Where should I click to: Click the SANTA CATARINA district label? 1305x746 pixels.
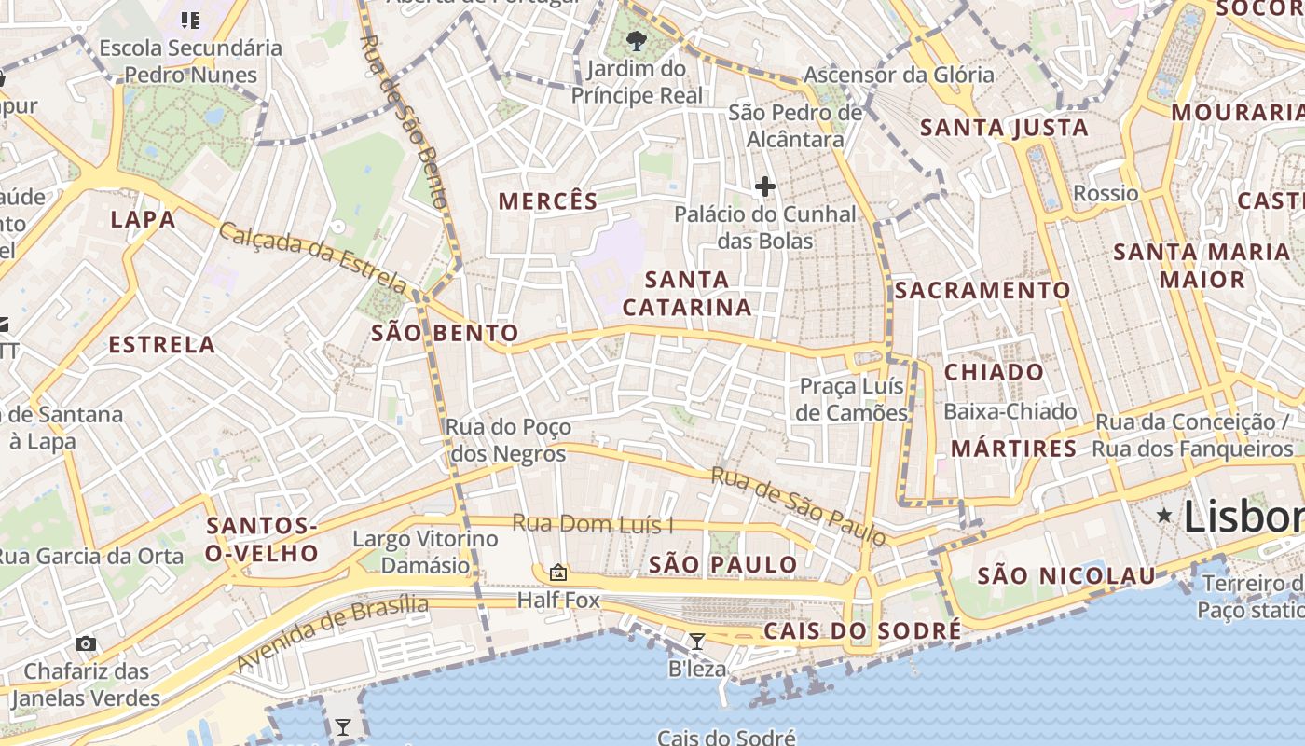tap(687, 293)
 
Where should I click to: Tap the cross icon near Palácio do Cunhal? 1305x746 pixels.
tap(765, 186)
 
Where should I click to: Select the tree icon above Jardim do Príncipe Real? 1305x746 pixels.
tap(637, 40)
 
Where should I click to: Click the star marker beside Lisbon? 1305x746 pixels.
tap(1164, 515)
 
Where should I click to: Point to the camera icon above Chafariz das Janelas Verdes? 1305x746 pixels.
tap(86, 643)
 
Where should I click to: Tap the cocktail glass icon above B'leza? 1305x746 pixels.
tap(696, 641)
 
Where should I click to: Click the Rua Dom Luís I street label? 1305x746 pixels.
tap(593, 524)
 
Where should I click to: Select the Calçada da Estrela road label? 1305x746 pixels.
tap(313, 256)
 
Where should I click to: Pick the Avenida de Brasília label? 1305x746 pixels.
tap(333, 634)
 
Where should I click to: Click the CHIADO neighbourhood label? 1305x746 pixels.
tap(995, 372)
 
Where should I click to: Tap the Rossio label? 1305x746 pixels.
tap(1106, 193)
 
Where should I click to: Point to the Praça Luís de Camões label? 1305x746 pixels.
tap(852, 399)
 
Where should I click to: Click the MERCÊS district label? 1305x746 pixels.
tap(548, 200)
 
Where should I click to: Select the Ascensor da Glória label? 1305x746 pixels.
tap(899, 75)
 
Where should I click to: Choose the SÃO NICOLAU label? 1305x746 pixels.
tap(1066, 576)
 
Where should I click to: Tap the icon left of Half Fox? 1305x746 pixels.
tap(558, 573)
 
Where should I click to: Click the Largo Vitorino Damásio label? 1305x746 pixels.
tap(425, 552)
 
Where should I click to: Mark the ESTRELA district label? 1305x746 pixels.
tap(162, 345)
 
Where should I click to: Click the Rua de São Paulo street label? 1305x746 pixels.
tap(798, 506)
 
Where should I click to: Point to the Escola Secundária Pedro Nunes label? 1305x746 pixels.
tap(190, 62)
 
